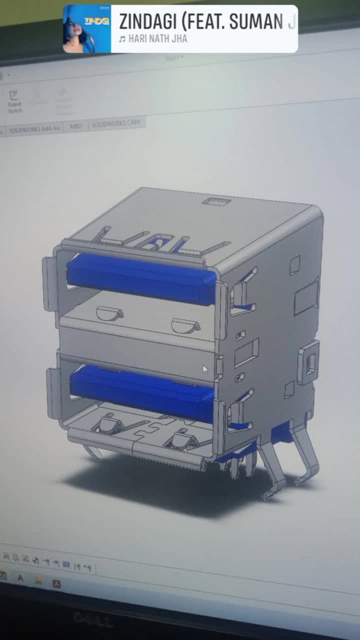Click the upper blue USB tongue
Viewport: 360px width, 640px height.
pos(140,279)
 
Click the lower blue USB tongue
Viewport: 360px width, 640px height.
pos(142,392)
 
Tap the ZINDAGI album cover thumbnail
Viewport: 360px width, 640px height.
pos(87,29)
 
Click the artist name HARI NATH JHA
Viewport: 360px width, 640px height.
pos(158,39)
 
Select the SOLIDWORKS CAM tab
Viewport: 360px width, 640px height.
pos(116,123)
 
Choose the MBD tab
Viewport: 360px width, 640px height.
pos(76,126)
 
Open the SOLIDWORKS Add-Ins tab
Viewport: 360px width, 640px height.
pos(34,129)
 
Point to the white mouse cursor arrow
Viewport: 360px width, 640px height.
pos(205,369)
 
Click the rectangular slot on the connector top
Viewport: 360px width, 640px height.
pos(216,201)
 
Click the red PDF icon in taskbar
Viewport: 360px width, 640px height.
pos(57,583)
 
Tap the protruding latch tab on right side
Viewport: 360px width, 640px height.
pos(309,362)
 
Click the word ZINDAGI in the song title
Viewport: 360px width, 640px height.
pos(148,22)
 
